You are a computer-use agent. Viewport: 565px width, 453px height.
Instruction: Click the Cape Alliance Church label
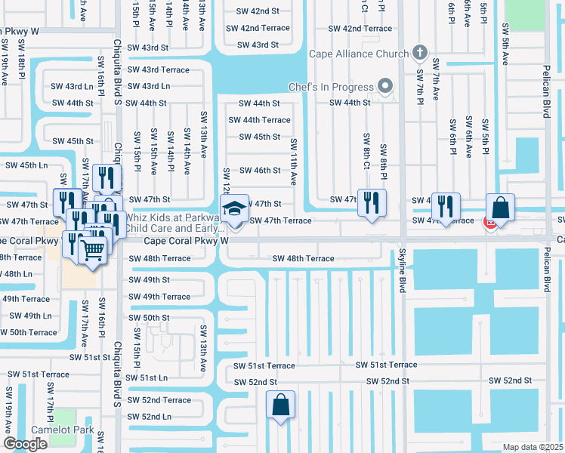click(x=358, y=54)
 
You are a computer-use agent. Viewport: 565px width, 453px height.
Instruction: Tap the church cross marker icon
click(x=421, y=54)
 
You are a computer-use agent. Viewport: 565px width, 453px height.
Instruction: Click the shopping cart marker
click(x=92, y=250)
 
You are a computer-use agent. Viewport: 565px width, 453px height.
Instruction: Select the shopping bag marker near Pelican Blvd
click(x=500, y=207)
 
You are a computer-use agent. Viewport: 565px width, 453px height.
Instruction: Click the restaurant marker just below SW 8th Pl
click(x=371, y=202)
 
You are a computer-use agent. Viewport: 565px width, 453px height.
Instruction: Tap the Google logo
click(x=25, y=444)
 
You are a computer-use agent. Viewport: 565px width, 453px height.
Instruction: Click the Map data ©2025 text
click(x=533, y=447)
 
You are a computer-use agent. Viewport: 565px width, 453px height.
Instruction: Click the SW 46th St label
click(x=260, y=171)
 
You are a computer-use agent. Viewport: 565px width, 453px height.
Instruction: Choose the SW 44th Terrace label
click(x=259, y=120)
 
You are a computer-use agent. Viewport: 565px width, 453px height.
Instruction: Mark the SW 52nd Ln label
click(x=150, y=417)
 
